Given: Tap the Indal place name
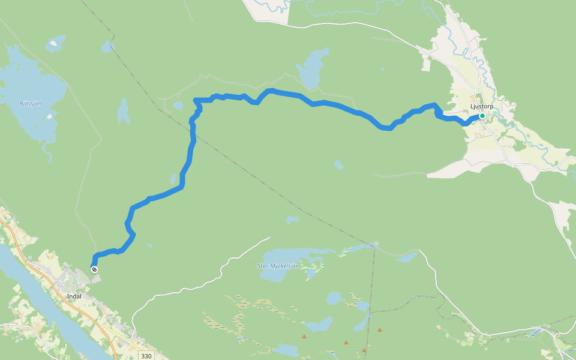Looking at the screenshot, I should click(74, 296).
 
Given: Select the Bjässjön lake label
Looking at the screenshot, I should click(30, 103).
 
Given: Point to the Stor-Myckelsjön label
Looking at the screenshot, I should click(278, 266).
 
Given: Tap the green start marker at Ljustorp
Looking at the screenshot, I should click(482, 116).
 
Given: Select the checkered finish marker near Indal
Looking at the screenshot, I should click(94, 269).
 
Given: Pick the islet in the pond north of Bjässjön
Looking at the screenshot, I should click(55, 43).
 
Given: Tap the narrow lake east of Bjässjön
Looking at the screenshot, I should click(123, 111).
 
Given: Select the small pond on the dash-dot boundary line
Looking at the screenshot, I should click(178, 106).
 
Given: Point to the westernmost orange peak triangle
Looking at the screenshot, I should click(304, 337).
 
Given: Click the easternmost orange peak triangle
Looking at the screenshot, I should click(379, 329).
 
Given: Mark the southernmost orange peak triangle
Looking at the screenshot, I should click(364, 350).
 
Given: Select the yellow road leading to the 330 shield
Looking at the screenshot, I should click(120, 336).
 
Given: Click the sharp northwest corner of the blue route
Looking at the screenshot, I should click(196, 100).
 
